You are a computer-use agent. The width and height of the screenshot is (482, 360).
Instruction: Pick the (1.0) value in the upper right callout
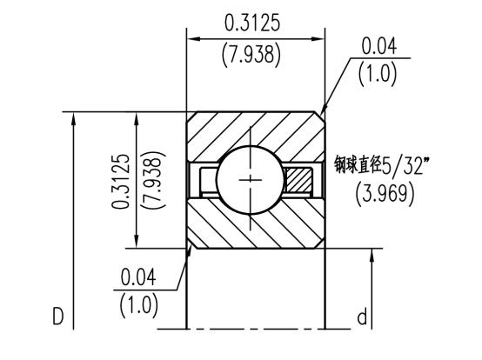378,74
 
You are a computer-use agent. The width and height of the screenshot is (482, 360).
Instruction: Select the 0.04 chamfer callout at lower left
139,278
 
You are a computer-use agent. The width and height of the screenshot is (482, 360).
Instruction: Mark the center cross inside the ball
253,180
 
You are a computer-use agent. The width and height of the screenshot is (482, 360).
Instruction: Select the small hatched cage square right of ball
300,181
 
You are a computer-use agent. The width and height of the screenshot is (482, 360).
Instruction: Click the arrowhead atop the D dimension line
76,118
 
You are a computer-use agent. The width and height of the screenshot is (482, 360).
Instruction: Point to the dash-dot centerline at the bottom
252,330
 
